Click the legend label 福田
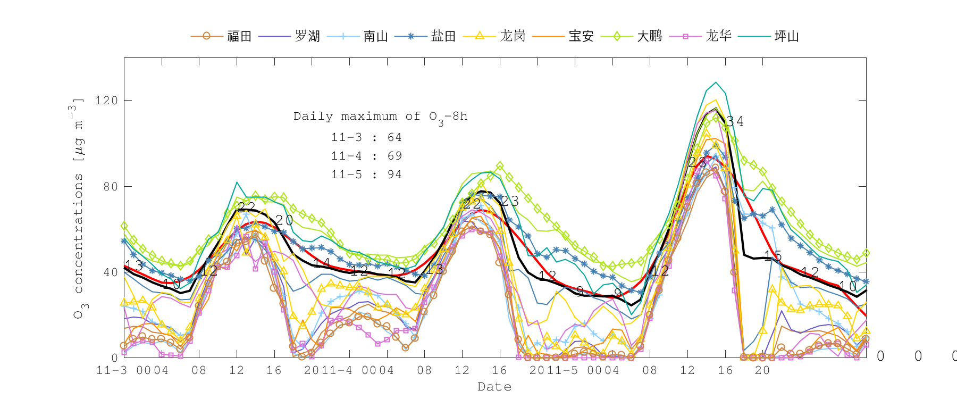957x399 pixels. tap(239, 36)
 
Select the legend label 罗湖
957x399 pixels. tap(307, 36)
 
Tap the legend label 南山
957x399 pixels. tap(376, 36)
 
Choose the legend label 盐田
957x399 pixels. tap(443, 36)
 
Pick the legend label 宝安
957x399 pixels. tap(581, 36)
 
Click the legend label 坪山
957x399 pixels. tap(786, 36)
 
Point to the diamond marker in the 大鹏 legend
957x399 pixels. tap(617, 36)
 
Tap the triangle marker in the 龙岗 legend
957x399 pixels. tap(480, 36)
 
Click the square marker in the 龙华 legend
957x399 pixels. tap(685, 36)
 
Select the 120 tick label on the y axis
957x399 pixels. tap(106, 101)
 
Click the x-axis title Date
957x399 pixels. tap(494, 387)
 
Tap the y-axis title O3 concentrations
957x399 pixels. tap(79, 207)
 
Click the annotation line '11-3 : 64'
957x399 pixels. tap(366, 137)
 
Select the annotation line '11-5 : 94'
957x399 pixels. tap(366, 174)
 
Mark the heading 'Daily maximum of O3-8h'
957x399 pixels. tap(380, 117)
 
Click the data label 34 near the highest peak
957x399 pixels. tap(735, 122)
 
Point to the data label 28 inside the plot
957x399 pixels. tap(697, 162)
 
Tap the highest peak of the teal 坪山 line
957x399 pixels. tap(716, 82)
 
